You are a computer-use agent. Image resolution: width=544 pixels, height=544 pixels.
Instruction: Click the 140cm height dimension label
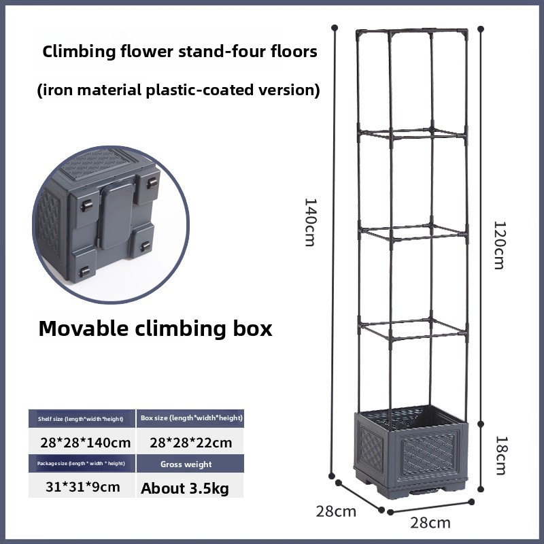coord(309,222)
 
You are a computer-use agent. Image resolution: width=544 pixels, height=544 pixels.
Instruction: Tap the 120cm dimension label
coord(500,245)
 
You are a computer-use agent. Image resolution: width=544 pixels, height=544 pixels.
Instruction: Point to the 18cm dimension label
coord(500,455)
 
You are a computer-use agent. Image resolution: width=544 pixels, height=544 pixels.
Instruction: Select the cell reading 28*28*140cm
coord(86,443)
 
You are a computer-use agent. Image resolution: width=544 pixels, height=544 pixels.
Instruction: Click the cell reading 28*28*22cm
coord(191,443)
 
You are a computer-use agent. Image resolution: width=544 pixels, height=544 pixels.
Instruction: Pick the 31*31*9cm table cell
coord(83,487)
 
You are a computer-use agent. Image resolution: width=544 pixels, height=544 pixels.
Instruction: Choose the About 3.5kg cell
coord(185,488)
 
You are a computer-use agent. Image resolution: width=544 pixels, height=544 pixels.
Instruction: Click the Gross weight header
coord(186,464)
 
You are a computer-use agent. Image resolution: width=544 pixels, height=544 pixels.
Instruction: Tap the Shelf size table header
coord(82,419)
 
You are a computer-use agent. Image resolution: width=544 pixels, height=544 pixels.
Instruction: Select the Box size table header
coord(190,418)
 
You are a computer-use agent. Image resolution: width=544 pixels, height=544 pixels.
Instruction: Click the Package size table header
coord(82,464)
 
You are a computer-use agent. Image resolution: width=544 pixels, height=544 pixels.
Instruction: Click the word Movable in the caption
coord(83,328)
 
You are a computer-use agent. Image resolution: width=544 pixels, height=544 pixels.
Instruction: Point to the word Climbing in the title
coord(79,52)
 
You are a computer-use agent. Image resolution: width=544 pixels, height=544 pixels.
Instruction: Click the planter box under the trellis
coord(411,452)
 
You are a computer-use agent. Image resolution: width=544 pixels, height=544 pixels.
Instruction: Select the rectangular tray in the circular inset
coord(116,215)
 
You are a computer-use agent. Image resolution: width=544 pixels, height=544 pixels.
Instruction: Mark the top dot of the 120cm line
coord(481,29)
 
